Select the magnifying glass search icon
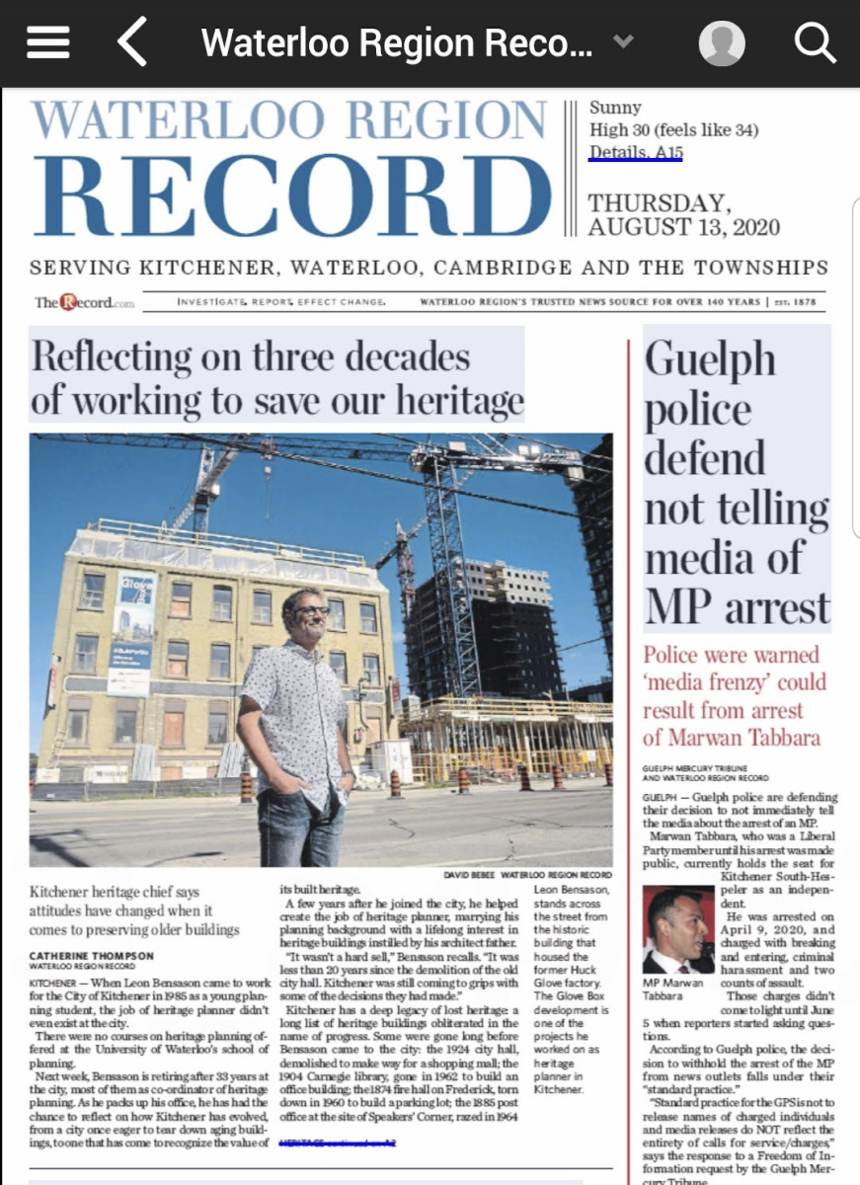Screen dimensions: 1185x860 (x=816, y=42)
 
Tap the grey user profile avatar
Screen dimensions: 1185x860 (x=722, y=42)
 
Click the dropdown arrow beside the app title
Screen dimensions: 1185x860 (x=622, y=41)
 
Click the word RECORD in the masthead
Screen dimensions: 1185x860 (x=293, y=196)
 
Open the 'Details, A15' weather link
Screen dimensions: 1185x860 (x=636, y=152)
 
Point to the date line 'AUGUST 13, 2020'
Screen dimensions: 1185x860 (x=683, y=227)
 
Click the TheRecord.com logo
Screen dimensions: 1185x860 (x=84, y=302)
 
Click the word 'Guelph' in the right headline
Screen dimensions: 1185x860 (x=710, y=360)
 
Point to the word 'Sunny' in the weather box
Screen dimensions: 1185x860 (x=615, y=107)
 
